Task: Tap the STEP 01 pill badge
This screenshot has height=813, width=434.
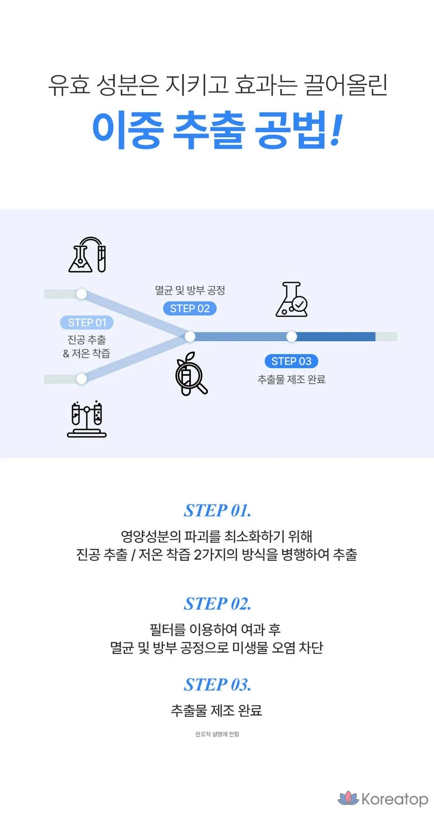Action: (87, 322)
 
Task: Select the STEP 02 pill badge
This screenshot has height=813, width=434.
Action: (190, 308)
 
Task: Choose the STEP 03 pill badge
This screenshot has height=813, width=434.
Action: (291, 361)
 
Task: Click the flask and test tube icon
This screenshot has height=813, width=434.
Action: (87, 255)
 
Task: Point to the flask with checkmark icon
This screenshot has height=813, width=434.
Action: (292, 300)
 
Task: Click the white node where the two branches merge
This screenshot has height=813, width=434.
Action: (190, 336)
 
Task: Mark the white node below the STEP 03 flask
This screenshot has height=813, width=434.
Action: (292, 336)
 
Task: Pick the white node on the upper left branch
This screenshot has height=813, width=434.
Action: (81, 294)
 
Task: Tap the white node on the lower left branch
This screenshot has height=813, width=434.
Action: (81, 379)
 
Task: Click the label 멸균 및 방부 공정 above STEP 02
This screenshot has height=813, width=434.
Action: (190, 290)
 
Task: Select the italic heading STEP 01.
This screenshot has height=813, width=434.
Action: (218, 510)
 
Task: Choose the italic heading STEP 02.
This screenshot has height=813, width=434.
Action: (218, 603)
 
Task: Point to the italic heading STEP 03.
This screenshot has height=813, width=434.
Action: (218, 684)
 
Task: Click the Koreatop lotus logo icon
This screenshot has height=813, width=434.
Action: (348, 799)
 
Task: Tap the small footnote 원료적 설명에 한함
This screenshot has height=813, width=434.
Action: (217, 734)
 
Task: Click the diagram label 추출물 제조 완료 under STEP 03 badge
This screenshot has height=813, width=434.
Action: (291, 380)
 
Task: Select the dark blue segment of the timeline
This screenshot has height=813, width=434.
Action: (336, 336)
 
